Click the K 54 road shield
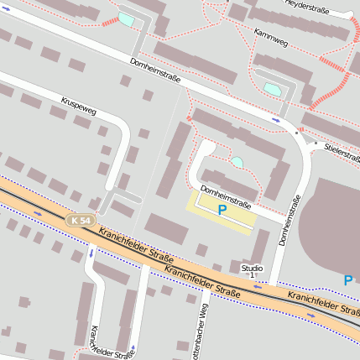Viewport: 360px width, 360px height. pos(78,219)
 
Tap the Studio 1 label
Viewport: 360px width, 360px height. pos(252,271)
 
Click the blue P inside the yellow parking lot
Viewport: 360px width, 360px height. pos(222,210)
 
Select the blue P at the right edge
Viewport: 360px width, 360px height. pos(347,280)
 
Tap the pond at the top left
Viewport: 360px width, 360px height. pos(126,18)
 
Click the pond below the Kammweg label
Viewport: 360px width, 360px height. pos(273,87)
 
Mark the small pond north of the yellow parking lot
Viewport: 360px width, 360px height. pos(237,161)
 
